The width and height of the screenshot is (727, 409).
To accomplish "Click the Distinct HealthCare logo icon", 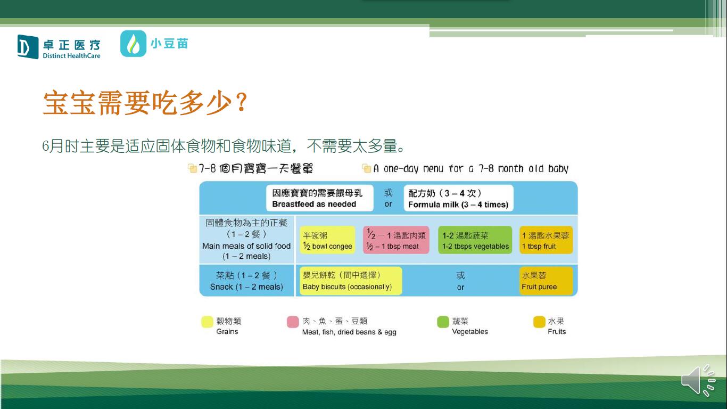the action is coord(28,47).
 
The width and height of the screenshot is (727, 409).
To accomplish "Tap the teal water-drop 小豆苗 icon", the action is coord(133,44).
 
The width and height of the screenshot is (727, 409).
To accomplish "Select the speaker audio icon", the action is coord(698,380).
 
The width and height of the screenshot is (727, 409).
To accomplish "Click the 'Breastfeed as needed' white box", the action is coord(320,198).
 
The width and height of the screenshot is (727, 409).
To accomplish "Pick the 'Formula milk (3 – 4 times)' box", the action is coord(459,198).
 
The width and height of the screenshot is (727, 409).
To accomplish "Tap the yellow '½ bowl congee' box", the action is coord(327,240).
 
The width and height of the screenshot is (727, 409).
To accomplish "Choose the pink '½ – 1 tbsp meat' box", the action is coord(396,240).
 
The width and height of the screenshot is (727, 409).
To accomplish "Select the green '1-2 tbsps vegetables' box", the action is coord(475,240).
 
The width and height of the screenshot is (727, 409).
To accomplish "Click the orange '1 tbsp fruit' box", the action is coord(546,240).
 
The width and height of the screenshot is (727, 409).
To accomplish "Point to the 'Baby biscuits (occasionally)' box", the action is coord(351,281).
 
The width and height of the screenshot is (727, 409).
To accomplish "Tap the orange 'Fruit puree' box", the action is coord(546,281).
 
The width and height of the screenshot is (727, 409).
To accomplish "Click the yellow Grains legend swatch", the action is coord(207,322).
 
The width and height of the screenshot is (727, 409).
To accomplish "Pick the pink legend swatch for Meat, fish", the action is coord(293,322).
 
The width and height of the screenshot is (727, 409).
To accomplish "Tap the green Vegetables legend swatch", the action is coord(443,322).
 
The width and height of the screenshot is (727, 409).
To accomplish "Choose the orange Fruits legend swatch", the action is coord(539,322).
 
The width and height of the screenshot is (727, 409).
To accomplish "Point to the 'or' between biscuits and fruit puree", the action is coord(460,287).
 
